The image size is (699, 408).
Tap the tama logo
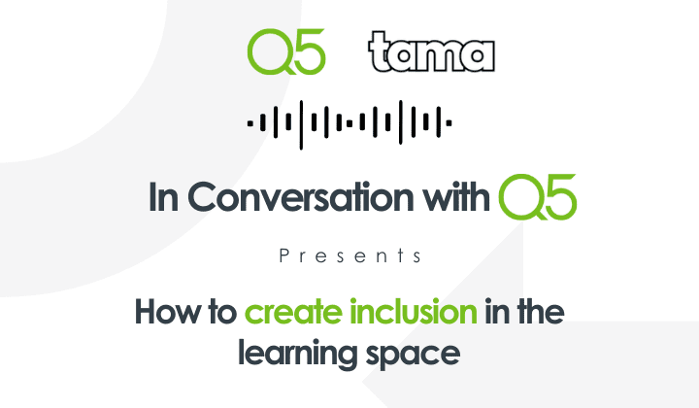432,52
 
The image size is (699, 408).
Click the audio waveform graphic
349,123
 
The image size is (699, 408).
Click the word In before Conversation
162,197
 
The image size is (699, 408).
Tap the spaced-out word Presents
349,256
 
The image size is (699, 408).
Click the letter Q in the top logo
267,52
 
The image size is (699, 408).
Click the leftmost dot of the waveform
250,123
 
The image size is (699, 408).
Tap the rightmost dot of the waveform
449,123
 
